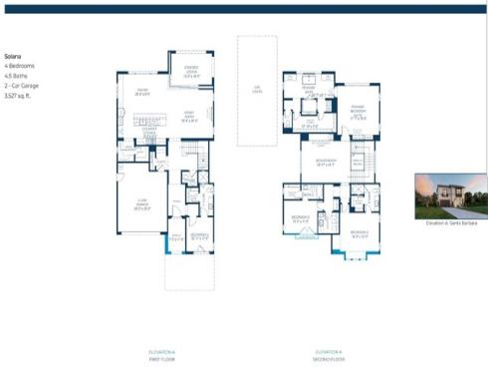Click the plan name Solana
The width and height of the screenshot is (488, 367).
(13, 57)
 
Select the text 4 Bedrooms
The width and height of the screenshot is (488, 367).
(20, 66)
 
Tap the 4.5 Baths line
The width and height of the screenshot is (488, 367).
(16, 75)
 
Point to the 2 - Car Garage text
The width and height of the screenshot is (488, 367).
(23, 84)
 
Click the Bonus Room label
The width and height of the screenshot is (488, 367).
(324, 164)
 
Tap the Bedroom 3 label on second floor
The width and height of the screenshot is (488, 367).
(359, 235)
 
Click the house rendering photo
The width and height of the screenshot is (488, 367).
(451, 196)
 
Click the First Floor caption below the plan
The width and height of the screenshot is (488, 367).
(161, 356)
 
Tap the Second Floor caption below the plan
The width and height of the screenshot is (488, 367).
(330, 356)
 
